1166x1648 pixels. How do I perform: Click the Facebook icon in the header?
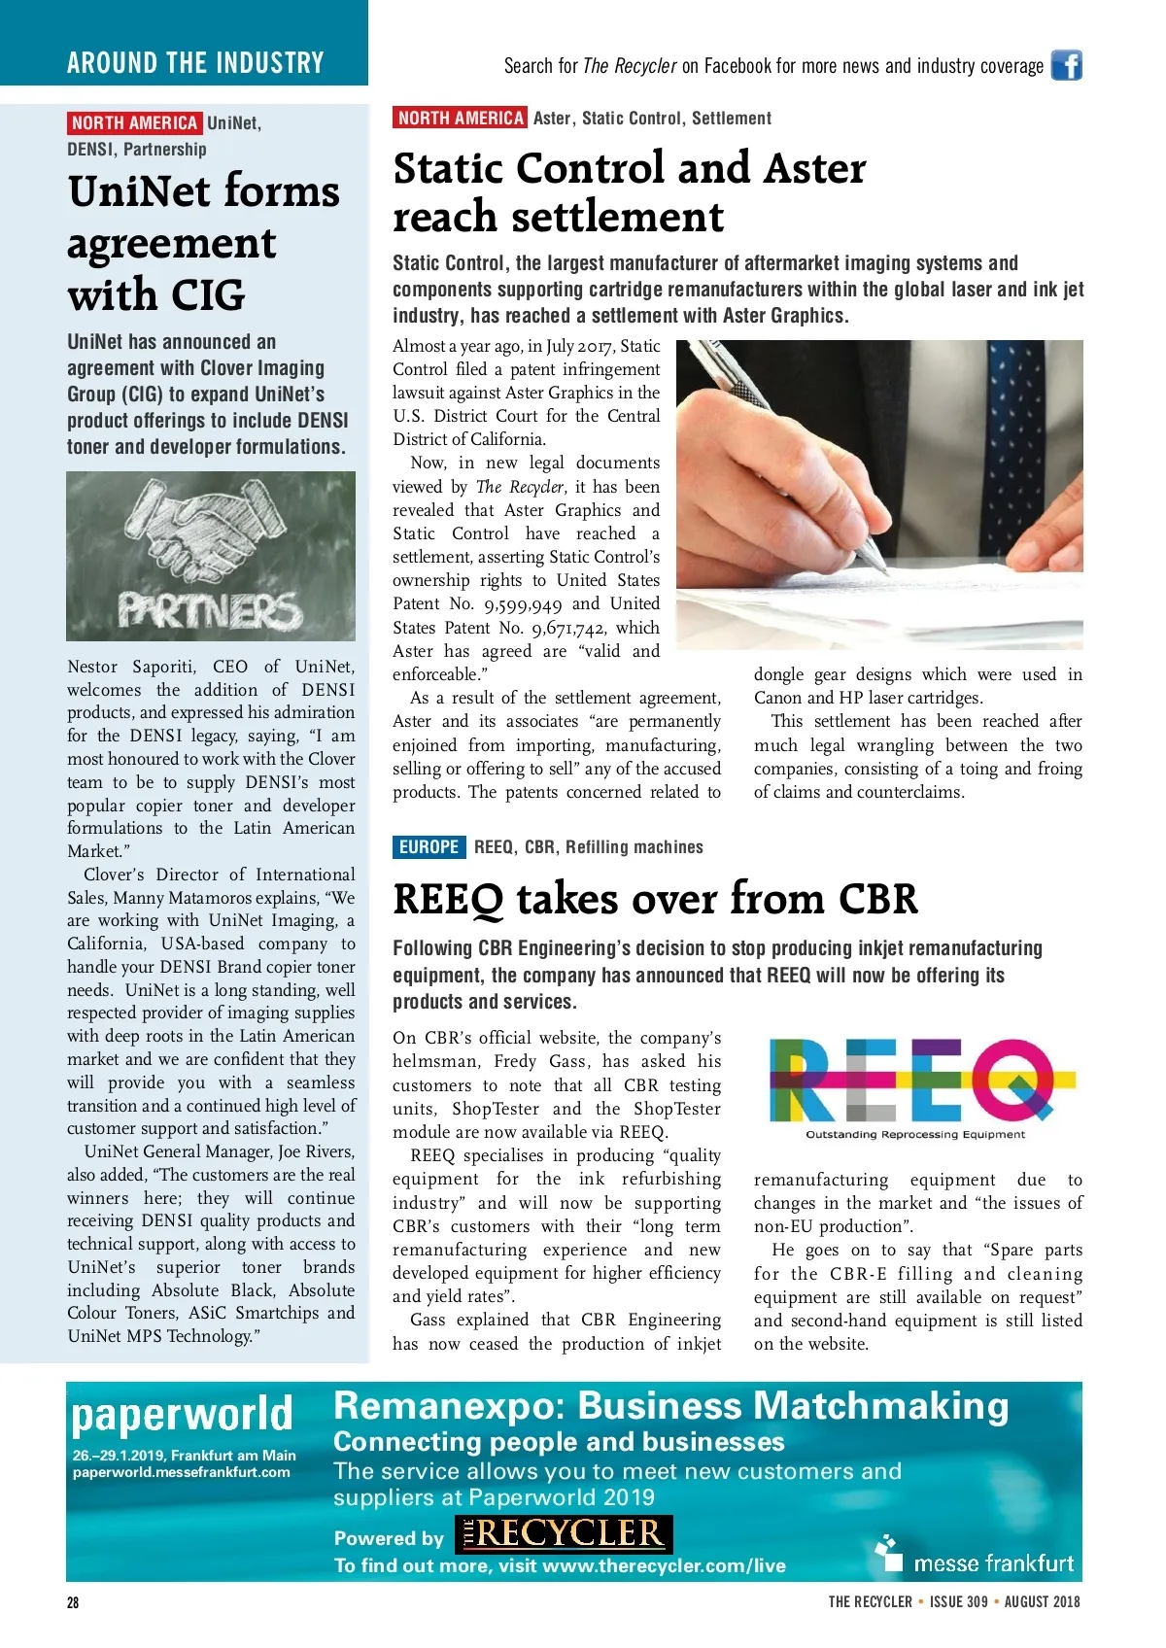click(x=1066, y=65)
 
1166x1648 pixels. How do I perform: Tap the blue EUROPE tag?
click(x=429, y=846)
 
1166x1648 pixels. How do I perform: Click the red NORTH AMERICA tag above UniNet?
click(x=134, y=123)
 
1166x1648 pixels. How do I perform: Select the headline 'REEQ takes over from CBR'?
click(x=655, y=899)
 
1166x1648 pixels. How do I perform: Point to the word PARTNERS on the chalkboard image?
click(x=210, y=611)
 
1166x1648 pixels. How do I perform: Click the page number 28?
click(x=73, y=1602)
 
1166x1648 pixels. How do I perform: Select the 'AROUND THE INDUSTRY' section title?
click(x=195, y=63)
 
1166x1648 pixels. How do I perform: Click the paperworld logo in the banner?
click(x=182, y=1415)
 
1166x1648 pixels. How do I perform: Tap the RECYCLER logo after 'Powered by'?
click(x=564, y=1534)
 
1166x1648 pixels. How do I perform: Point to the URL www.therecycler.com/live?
click(x=664, y=1565)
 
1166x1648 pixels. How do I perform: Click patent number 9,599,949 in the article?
click(x=523, y=604)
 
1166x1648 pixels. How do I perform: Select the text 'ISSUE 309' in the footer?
click(x=958, y=1601)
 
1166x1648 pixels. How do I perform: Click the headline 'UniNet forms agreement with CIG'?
click(x=204, y=243)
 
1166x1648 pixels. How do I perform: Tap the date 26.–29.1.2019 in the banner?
click(x=119, y=1456)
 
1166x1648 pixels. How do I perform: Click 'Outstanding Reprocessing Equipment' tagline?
click(x=914, y=1135)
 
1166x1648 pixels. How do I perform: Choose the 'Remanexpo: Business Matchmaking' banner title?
click(x=670, y=1406)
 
